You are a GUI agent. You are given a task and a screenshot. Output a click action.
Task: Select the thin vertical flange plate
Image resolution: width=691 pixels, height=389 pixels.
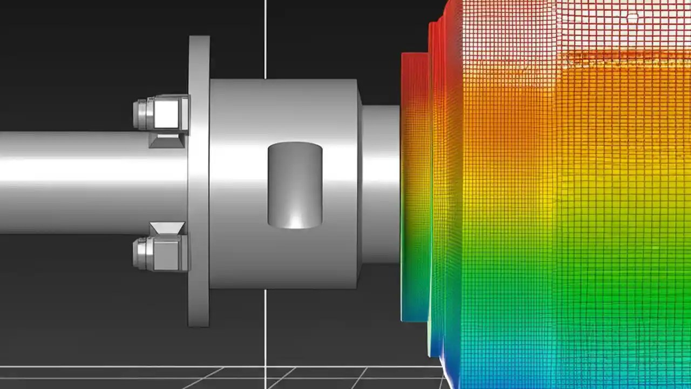(199, 181)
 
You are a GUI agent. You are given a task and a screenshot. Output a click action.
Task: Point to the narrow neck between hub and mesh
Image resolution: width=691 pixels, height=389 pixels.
(381, 184)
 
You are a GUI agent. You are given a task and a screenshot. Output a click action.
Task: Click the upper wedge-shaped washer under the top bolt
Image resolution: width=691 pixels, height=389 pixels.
(166, 140)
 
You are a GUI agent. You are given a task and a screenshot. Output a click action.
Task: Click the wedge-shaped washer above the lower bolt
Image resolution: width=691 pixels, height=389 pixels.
(166, 228)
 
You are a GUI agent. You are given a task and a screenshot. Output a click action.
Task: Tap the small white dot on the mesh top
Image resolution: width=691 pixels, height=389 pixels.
(632, 18)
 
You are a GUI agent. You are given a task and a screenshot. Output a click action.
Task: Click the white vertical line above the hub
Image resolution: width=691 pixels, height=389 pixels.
(265, 38)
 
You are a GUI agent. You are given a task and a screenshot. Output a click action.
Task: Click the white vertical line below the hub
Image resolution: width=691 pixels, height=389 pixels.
(265, 335)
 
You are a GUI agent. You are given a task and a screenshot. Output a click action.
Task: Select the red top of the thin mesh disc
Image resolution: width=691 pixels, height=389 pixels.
(415, 70)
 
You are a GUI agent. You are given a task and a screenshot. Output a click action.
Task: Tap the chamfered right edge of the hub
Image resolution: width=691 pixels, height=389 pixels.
(360, 184)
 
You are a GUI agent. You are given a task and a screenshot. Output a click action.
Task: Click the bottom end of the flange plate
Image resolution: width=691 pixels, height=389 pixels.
(199, 321)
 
